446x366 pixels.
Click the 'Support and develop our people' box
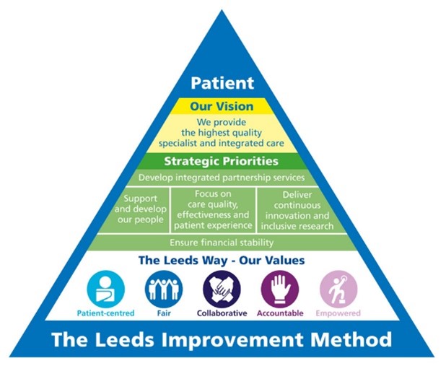point(145,209)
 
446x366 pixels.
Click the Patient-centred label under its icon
point(105,313)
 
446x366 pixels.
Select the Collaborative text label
point(222,313)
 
